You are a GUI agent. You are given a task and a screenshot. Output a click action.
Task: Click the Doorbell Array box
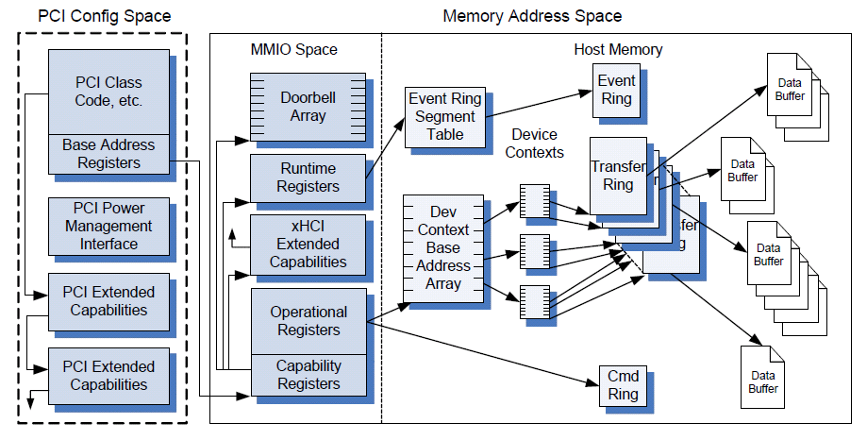coord(304,106)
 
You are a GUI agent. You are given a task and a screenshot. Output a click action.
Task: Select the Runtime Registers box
coord(308,178)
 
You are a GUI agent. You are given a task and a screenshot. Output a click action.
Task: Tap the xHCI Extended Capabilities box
coord(308,245)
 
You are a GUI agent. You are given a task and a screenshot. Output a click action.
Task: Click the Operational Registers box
coord(308,321)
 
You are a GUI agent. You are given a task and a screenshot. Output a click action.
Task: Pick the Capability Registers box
coord(308,375)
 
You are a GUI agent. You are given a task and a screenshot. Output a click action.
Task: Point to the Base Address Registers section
coord(108,154)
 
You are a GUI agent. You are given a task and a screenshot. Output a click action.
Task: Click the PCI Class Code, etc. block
coord(108,92)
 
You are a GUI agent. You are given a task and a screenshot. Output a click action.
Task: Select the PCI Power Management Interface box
coord(108,227)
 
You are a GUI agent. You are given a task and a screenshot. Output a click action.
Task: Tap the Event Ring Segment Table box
coord(445,116)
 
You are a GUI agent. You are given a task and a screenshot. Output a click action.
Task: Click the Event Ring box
coord(616,90)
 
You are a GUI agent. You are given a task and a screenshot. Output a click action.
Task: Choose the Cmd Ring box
coord(624,385)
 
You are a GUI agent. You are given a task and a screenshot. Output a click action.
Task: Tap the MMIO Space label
coord(294,49)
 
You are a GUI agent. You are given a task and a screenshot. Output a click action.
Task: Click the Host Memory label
coord(618,49)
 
